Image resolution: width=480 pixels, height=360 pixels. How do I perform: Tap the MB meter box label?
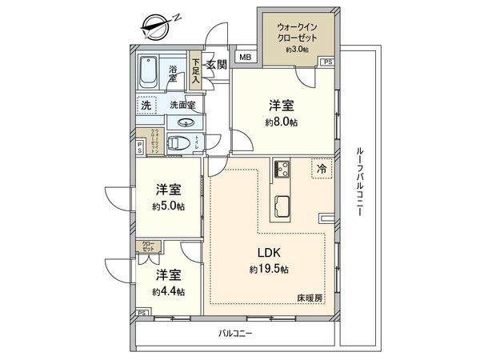click(244, 58)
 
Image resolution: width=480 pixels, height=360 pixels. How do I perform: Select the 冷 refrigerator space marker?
click(322, 170)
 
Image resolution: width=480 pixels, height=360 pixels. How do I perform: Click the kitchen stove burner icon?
click(282, 170)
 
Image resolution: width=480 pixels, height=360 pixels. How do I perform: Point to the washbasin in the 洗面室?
click(185, 122)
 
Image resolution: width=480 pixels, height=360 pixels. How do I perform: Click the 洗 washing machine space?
click(146, 106)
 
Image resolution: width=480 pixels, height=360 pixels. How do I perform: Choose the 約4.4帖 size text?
click(169, 290)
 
